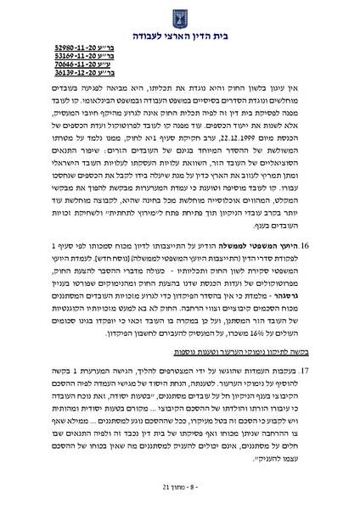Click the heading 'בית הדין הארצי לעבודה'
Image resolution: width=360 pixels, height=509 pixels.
tap(180, 37)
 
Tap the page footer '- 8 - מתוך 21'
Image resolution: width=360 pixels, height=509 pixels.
tap(180, 489)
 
